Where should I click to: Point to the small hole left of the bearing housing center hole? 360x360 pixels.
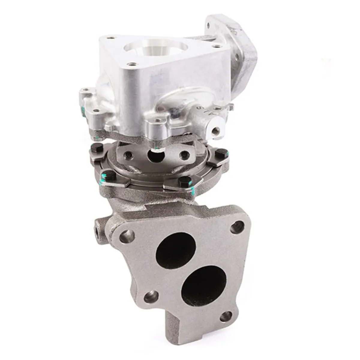tap(129, 155)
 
